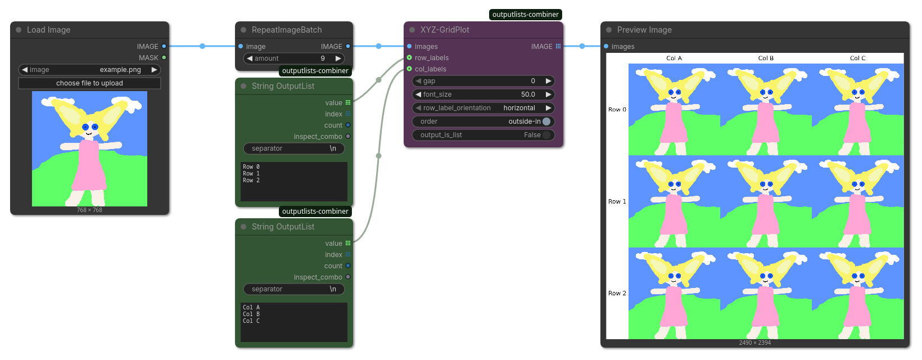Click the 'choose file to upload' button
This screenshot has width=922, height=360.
pos(89,83)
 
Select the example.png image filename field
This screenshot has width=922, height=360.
pos(89,70)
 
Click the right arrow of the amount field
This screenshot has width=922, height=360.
pos(338,58)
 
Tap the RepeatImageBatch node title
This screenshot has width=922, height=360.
pos(287,30)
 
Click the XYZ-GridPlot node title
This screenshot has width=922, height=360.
pos(445,30)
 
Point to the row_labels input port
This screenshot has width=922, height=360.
pos(409,58)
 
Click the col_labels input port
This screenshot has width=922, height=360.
pos(409,69)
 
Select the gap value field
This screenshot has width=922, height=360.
pos(483,81)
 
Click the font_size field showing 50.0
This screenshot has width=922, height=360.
pos(483,94)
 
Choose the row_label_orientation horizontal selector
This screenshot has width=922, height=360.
pos(483,108)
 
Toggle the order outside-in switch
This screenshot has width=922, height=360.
pos(546,121)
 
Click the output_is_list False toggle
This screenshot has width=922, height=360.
pos(546,134)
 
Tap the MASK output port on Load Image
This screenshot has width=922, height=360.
pos(164,58)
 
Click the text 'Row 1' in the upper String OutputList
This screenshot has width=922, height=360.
pos(251,173)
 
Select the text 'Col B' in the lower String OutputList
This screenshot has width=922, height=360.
pos(251,314)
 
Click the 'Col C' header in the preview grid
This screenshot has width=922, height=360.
pos(857,58)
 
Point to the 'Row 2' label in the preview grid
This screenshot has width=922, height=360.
pos(617,293)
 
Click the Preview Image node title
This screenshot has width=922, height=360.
pos(644,30)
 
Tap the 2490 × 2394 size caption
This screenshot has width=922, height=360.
pos(754,343)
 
